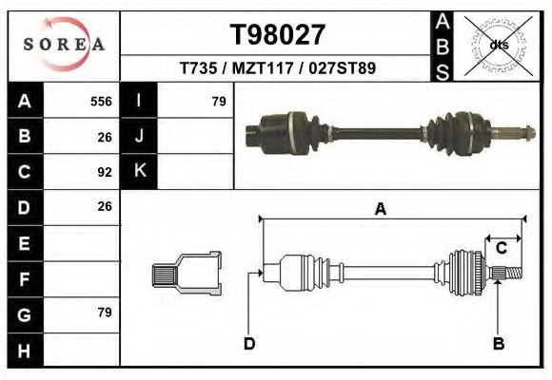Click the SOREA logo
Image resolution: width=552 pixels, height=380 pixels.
(64, 45)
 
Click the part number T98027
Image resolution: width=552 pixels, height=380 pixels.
(278, 35)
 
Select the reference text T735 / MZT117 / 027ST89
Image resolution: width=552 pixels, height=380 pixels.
(278, 69)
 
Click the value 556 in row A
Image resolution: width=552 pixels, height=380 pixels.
(101, 101)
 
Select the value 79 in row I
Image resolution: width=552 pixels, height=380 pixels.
(218, 101)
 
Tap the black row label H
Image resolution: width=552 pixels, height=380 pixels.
(24, 349)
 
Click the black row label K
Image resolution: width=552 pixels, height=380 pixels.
(139, 171)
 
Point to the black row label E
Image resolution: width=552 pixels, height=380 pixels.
(24, 242)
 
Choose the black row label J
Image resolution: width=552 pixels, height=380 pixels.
(139, 136)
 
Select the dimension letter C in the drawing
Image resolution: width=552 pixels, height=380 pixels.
(501, 249)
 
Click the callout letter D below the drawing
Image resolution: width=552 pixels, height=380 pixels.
(249, 343)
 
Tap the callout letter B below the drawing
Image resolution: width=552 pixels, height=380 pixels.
(497, 343)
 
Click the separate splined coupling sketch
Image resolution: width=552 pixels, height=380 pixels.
(187, 273)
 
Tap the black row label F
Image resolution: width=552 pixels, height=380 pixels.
(24, 277)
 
